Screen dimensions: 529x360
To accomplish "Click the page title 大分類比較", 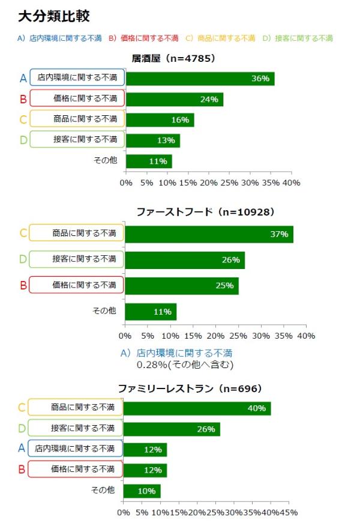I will coord(54,16).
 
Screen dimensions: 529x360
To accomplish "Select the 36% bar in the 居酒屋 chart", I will coord(200,79).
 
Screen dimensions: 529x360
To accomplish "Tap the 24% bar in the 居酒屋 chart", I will coord(174,99).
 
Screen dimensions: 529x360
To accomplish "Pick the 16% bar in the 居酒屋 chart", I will coord(160,119).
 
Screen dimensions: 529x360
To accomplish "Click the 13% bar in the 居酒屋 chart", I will coord(152,140).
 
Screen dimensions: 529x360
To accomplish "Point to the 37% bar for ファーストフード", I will coord(209,234).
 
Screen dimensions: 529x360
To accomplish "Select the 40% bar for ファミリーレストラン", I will coord(197,408).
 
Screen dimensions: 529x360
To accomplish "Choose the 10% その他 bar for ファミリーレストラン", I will coord(142,491).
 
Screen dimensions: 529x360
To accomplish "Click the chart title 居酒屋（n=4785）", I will coord(173,58).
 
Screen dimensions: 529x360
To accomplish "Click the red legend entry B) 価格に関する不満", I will coord(143,38).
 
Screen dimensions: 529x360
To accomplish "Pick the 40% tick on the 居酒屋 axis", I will coord(292,182).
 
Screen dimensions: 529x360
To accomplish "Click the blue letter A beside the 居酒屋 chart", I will coord(23,78).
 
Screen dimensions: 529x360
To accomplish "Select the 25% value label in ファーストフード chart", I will coord(224,285).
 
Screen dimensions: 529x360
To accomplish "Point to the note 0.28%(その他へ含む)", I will coord(185,364).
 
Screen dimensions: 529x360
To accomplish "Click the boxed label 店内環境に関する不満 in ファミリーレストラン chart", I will coord(74,449).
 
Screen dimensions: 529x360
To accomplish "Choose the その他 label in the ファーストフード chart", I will coord(104,311).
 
